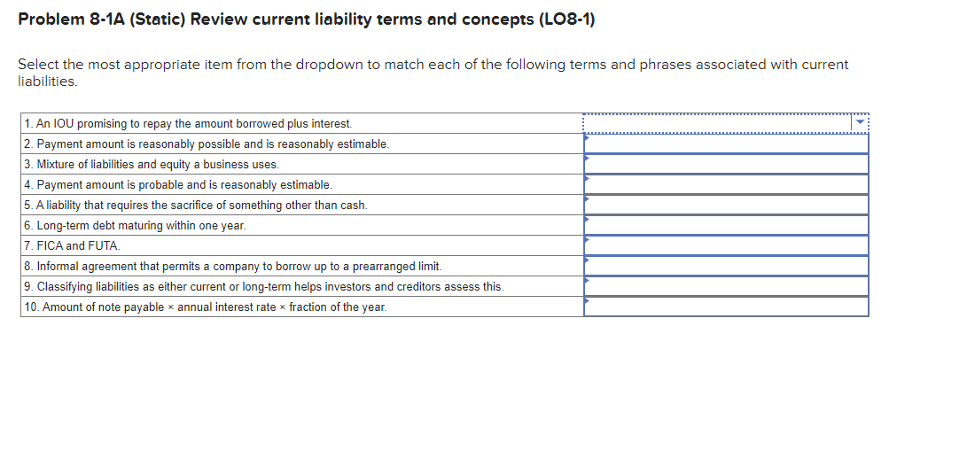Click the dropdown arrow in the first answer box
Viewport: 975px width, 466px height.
tap(858, 123)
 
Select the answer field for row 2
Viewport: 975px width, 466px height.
tap(726, 144)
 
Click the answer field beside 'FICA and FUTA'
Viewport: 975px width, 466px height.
tap(726, 245)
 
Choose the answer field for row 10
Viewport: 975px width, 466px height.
tap(726, 307)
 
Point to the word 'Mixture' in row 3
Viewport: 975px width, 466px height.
tap(56, 165)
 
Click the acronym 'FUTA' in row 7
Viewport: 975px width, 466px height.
tap(105, 246)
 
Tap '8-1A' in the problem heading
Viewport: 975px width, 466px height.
tap(108, 19)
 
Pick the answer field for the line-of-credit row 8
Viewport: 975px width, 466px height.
tap(726, 266)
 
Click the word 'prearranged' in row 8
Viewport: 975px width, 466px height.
tap(383, 267)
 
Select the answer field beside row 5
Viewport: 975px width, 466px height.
tap(726, 205)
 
